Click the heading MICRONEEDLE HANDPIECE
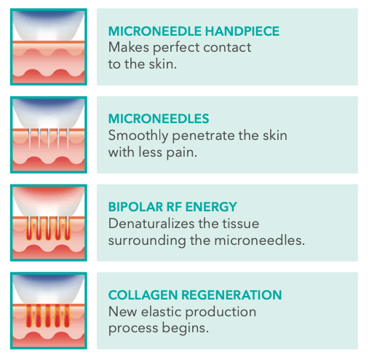point(194,31)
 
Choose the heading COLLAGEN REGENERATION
point(194,295)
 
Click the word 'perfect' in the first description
point(180,47)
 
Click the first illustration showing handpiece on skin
point(49,45)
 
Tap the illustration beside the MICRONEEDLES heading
point(49,133)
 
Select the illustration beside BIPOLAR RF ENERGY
point(49,222)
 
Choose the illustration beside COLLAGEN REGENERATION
point(49,310)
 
